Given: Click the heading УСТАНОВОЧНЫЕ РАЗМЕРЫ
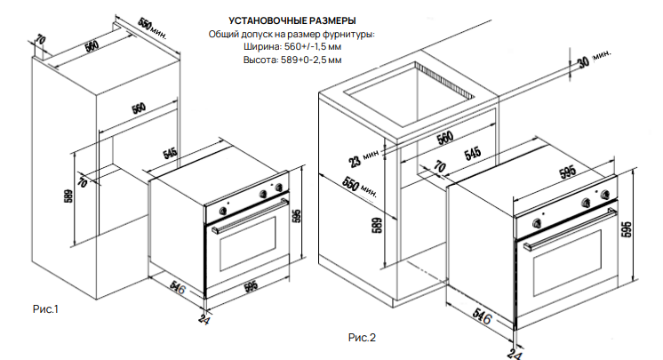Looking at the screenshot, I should pyautogui.click(x=293, y=20).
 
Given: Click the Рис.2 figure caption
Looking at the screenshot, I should pyautogui.click(x=362, y=337).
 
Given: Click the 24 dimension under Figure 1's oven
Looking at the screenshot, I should pyautogui.click(x=205, y=319).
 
